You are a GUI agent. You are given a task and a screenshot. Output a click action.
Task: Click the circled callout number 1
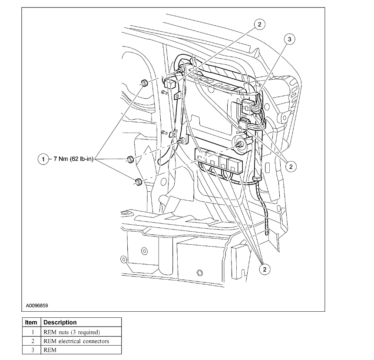tap(43, 160)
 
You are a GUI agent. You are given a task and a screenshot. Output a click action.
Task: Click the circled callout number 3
tap(290, 39)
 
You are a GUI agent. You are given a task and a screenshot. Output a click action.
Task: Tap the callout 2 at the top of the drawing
tap(259, 24)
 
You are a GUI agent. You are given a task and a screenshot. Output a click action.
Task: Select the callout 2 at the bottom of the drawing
tap(264, 269)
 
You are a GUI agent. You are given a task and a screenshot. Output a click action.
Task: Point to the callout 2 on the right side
tap(291, 166)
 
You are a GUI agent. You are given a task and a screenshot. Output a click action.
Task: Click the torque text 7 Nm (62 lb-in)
tap(73, 160)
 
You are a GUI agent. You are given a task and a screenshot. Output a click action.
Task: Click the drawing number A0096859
tap(37, 306)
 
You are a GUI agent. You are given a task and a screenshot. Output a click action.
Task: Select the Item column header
tap(31, 323)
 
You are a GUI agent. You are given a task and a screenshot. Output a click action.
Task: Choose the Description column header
tap(60, 323)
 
